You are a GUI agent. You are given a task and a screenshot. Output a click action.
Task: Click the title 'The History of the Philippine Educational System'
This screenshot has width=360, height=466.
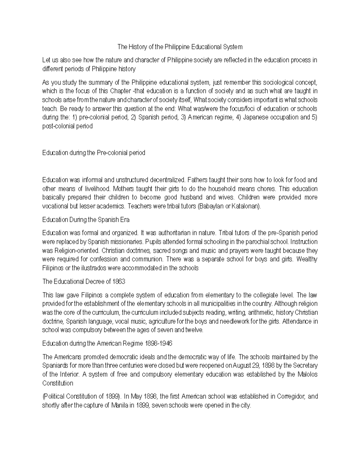pos(180,47)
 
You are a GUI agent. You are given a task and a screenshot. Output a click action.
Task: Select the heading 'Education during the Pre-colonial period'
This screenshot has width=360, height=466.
pos(94,153)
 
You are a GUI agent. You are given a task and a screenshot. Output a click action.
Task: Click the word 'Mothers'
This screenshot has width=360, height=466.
pos(123,189)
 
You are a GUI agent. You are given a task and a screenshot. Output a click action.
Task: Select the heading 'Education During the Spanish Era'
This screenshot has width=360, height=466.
pos(86,220)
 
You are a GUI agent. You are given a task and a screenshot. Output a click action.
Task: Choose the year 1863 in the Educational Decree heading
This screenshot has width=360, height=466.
pos(118,281)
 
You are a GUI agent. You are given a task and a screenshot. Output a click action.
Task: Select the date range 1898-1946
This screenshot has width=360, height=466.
pos(159,344)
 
